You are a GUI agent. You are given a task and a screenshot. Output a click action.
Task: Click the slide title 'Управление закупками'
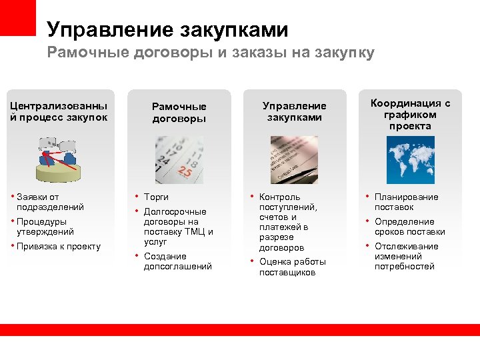click(x=167, y=30)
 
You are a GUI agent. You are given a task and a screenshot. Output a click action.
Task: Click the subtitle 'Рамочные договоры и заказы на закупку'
click(x=211, y=53)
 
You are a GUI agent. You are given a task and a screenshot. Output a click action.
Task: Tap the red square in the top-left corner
click(x=17, y=17)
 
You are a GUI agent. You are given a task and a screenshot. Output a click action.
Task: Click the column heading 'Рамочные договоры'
click(x=179, y=112)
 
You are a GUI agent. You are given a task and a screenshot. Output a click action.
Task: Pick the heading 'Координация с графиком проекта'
click(x=410, y=114)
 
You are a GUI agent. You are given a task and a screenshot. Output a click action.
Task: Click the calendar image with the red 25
click(x=179, y=160)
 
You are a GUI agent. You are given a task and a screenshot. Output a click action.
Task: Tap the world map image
click(x=410, y=160)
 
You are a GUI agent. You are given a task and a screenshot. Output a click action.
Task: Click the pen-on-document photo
click(x=294, y=160)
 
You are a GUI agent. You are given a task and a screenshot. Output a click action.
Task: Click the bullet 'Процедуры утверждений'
click(x=45, y=227)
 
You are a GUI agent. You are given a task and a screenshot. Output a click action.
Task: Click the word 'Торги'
click(x=156, y=197)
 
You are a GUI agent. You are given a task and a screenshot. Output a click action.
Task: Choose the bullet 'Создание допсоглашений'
click(x=177, y=261)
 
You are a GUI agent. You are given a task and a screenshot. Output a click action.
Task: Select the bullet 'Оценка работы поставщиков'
click(x=287, y=267)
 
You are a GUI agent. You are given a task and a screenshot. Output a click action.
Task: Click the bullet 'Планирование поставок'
click(x=406, y=202)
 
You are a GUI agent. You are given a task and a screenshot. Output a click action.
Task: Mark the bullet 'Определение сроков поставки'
click(x=409, y=227)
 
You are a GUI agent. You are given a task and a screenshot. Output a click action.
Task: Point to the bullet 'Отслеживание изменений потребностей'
click(x=406, y=256)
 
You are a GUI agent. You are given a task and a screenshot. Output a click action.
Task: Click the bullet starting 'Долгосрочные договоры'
click(x=178, y=227)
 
